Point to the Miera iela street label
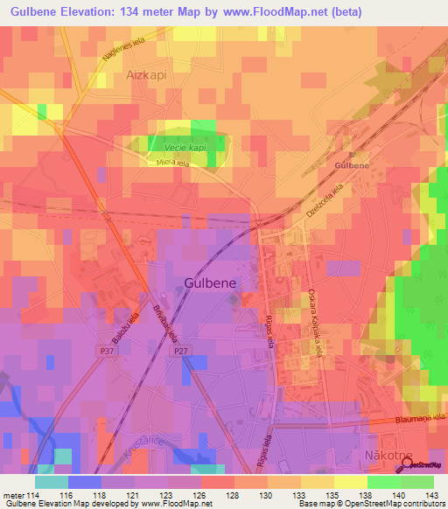coord(173,163)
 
